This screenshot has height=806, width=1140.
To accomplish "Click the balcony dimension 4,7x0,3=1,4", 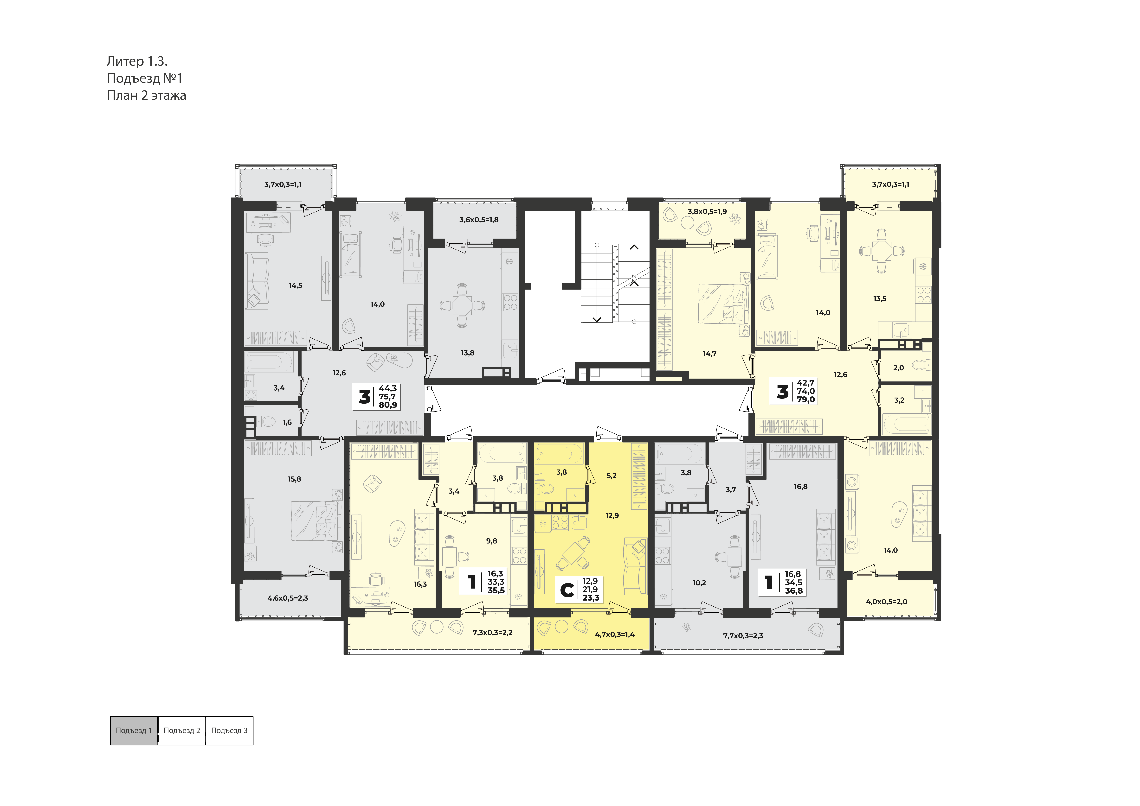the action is (x=615, y=634).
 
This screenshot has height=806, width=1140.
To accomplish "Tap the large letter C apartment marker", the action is (x=567, y=590).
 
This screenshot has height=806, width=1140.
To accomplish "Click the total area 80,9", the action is (x=388, y=405).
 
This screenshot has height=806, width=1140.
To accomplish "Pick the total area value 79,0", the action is (x=806, y=400).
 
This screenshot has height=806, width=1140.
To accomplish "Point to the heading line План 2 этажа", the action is (x=147, y=95).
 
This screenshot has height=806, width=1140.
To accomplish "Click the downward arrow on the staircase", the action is (x=597, y=320).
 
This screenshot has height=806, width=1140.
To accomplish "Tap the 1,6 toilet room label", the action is (x=287, y=422).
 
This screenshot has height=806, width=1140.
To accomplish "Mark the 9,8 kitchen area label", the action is (x=492, y=541).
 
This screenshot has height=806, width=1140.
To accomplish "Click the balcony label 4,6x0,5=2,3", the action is (x=288, y=598).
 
